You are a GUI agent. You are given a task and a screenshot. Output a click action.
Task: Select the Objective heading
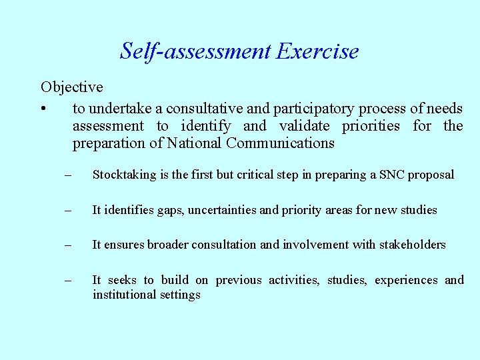pos(71,87)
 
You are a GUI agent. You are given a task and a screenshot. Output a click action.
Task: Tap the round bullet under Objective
pos(43,109)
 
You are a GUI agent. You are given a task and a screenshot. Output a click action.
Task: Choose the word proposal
pos(431,175)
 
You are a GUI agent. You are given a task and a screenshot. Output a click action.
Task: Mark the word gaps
pos(171,211)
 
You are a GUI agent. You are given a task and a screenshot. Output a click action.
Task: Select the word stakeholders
pos(413,245)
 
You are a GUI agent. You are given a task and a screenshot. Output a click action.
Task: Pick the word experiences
pos(406,280)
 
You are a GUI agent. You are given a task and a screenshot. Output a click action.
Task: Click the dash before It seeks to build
pos(67,280)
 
